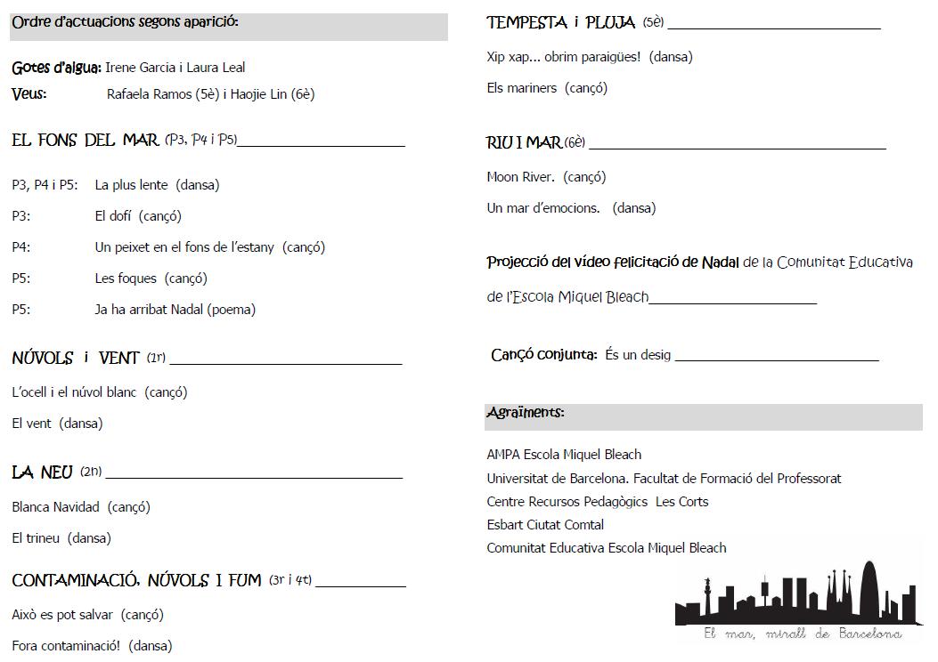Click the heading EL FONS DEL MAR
(86, 140)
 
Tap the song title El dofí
(115, 216)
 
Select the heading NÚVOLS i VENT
(76, 359)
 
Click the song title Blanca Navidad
(56, 507)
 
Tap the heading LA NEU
(42, 472)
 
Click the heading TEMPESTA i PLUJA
(561, 23)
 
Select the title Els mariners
(522, 88)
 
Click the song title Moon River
(521, 177)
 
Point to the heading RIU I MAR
(525, 142)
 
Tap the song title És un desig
(638, 355)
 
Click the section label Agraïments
(526, 413)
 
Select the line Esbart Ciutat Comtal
(545, 525)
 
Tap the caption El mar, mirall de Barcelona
(802, 634)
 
